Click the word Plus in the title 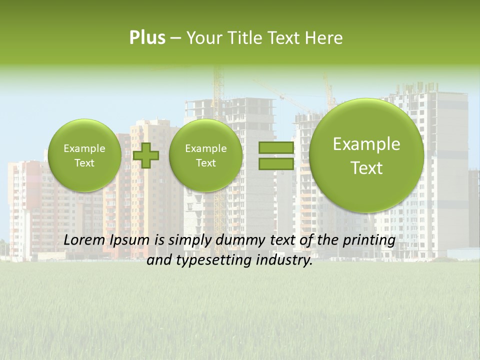(x=147, y=38)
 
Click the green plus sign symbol (x=146, y=155)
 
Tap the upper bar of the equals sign (x=275, y=147)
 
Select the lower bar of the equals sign (x=275, y=163)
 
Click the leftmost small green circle (x=84, y=155)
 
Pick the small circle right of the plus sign (x=205, y=155)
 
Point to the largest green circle (x=366, y=155)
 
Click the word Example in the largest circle (x=366, y=144)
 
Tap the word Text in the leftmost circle (x=84, y=163)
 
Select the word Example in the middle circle (x=205, y=148)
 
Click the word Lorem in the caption (x=83, y=240)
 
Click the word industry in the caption (x=284, y=260)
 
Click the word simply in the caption (x=185, y=240)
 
